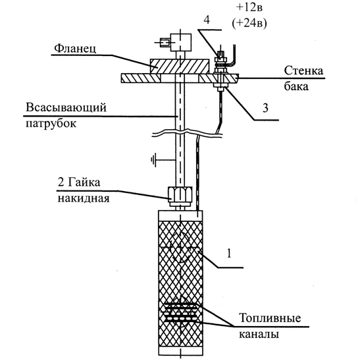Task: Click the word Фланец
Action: pos(75,49)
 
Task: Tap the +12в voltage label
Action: pos(249,7)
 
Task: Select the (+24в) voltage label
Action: pos(249,23)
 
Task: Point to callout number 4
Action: pos(207,20)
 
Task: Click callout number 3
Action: pos(265,108)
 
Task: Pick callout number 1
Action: pos(229,254)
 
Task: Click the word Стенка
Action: pos(303,70)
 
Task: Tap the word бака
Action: pos(296,86)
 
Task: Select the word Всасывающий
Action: pos(66,108)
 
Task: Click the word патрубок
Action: pos(51,124)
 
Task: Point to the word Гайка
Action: pos(84,182)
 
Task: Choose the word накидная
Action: pos(84,198)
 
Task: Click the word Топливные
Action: pos(270,318)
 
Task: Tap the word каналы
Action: pos(259,334)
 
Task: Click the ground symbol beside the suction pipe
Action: pos(153,159)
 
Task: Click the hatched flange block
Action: pos(180,67)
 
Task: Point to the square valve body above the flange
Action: pos(180,42)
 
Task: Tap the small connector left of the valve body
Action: pos(165,43)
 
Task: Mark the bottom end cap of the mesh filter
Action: pos(180,350)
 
